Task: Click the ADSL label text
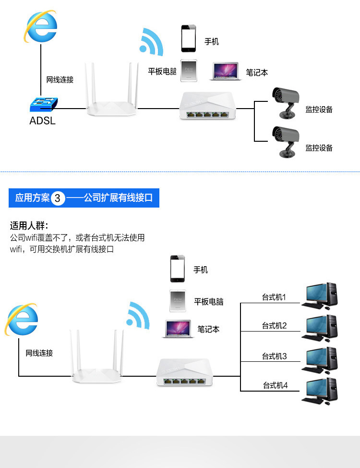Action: [42, 121]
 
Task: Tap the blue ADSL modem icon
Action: [44, 104]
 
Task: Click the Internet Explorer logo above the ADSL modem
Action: [41, 26]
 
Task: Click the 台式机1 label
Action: [274, 297]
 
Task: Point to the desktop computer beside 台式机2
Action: [319, 328]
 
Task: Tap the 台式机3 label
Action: [274, 356]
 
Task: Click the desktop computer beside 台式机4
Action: [319, 391]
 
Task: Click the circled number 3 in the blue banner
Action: [58, 198]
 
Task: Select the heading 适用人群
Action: [29, 226]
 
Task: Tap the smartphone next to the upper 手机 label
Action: [189, 38]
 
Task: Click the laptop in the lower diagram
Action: [178, 329]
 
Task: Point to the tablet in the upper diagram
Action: [189, 71]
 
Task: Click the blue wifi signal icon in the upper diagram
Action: [151, 42]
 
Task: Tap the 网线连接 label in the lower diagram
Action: [39, 353]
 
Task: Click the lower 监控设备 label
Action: [319, 148]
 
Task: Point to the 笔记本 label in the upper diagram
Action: [257, 73]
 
